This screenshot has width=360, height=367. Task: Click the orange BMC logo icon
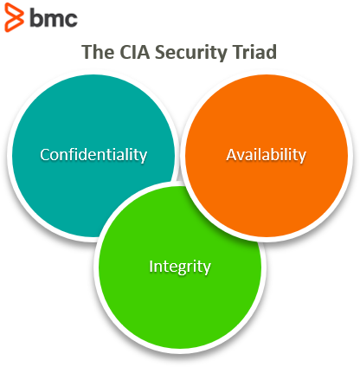point(14,17)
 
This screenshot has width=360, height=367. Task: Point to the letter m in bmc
point(54,19)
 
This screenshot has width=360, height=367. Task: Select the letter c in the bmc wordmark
point(72,20)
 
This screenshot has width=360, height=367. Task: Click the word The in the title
point(98,52)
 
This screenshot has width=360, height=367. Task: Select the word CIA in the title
point(135,52)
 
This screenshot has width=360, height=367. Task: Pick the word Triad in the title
point(255,52)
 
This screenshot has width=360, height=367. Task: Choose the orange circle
point(266,155)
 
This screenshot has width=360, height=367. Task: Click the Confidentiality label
point(93,155)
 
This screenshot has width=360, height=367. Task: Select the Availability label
point(266,155)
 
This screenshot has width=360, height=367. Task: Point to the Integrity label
point(180,267)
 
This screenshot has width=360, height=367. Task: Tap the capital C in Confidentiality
point(45,155)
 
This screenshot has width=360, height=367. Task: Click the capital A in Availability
point(232,155)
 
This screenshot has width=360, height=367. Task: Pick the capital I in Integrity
point(151,267)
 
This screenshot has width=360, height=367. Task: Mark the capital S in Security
point(161,52)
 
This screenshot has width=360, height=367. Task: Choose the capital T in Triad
point(239,52)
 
